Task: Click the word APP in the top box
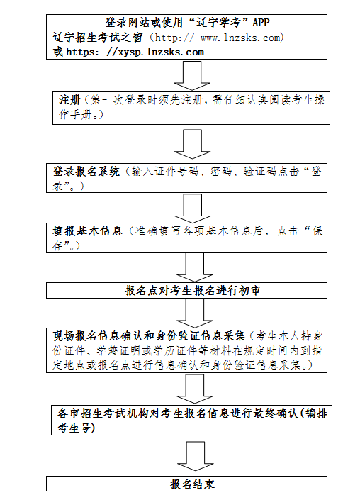click(x=261, y=24)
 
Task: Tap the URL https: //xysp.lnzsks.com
click(x=135, y=52)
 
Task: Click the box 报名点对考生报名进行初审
click(x=187, y=290)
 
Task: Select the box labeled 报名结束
click(x=187, y=484)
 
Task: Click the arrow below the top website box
click(x=188, y=75)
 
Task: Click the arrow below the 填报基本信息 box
click(x=188, y=266)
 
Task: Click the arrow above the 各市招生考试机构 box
click(x=188, y=388)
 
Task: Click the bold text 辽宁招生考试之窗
click(x=98, y=38)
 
